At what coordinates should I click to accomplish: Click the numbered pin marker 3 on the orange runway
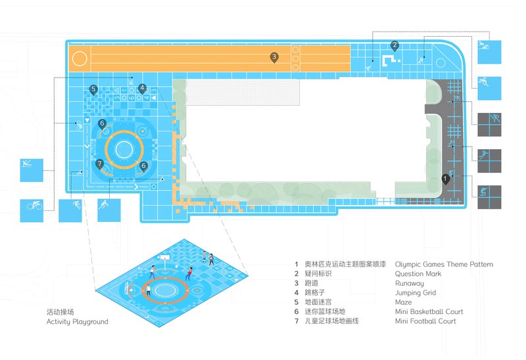pyautogui.click(x=274, y=58)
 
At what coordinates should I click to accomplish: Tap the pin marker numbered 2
pyautogui.click(x=394, y=46)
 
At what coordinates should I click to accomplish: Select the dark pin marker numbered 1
pyautogui.click(x=445, y=179)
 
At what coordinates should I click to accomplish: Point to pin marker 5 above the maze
pyautogui.click(x=93, y=90)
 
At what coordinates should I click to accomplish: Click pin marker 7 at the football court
pyautogui.click(x=99, y=165)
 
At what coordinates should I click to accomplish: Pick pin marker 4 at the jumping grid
pyautogui.click(x=142, y=89)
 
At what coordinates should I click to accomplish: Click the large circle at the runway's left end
pyautogui.click(x=80, y=58)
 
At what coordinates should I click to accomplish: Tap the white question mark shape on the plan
pyautogui.click(x=391, y=60)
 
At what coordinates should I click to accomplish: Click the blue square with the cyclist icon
pyautogui.click(x=32, y=210)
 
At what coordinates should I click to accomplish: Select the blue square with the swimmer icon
pyautogui.click(x=489, y=52)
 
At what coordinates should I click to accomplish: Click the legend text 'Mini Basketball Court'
pyautogui.click(x=429, y=312)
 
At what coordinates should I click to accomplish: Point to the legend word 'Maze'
pyautogui.click(x=403, y=302)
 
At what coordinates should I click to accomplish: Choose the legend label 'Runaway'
pyautogui.click(x=409, y=284)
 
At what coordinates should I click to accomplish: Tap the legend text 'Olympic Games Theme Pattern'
pyautogui.click(x=444, y=265)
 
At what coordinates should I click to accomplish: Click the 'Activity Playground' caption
pyautogui.click(x=77, y=322)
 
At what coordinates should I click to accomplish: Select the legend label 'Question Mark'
pyautogui.click(x=418, y=274)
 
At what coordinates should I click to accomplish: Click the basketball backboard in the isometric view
pyautogui.click(x=164, y=258)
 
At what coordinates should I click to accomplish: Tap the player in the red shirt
pyautogui.click(x=189, y=273)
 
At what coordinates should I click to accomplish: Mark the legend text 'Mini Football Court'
pyautogui.click(x=425, y=321)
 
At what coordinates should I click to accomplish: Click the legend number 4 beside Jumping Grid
pyautogui.click(x=297, y=292)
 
